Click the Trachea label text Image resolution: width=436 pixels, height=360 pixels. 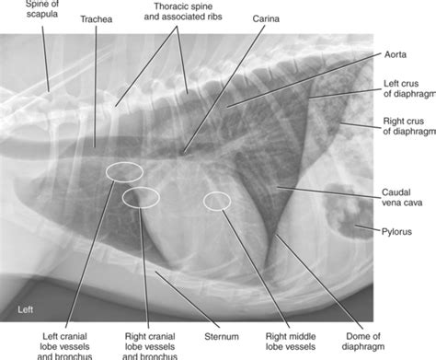coord(97,19)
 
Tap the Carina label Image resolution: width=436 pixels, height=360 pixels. coord(266,19)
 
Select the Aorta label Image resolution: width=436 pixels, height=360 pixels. coord(396,54)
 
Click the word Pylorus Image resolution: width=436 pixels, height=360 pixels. coord(396,232)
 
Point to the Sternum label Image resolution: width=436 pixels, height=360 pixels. coord(222,337)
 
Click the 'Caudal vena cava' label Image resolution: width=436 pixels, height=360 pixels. coord(402,197)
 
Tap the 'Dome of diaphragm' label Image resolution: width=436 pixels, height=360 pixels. coord(363,342)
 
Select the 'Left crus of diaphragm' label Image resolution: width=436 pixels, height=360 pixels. coord(409,88)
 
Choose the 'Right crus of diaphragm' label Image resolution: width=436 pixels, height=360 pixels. coord(409,126)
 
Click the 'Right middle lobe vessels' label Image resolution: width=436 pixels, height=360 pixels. coord(291,342)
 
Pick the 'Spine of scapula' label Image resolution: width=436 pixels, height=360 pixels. coord(42,9)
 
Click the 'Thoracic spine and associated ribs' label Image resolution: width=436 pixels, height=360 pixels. coord(183,11)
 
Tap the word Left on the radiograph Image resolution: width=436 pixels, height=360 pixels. coord(25,309)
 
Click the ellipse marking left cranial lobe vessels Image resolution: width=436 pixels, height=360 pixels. coord(107,172)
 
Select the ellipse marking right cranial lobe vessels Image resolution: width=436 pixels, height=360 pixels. coord(122,197)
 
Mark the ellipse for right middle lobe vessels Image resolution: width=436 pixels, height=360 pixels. coord(204,201)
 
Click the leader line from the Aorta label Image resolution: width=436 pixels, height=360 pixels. coord(304,80)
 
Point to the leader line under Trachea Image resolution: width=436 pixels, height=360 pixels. coord(96,87)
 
